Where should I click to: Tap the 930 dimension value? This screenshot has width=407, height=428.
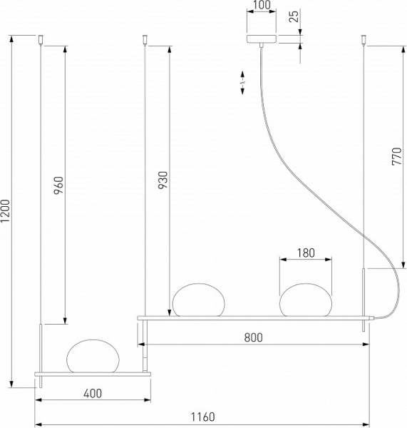coord(163,181)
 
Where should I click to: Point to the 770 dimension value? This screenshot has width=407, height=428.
coord(397,155)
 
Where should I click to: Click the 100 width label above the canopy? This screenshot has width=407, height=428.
coord(262,6)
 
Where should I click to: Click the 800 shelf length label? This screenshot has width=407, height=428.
coord(254,337)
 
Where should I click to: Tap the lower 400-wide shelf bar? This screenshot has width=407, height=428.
coord(93,373)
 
